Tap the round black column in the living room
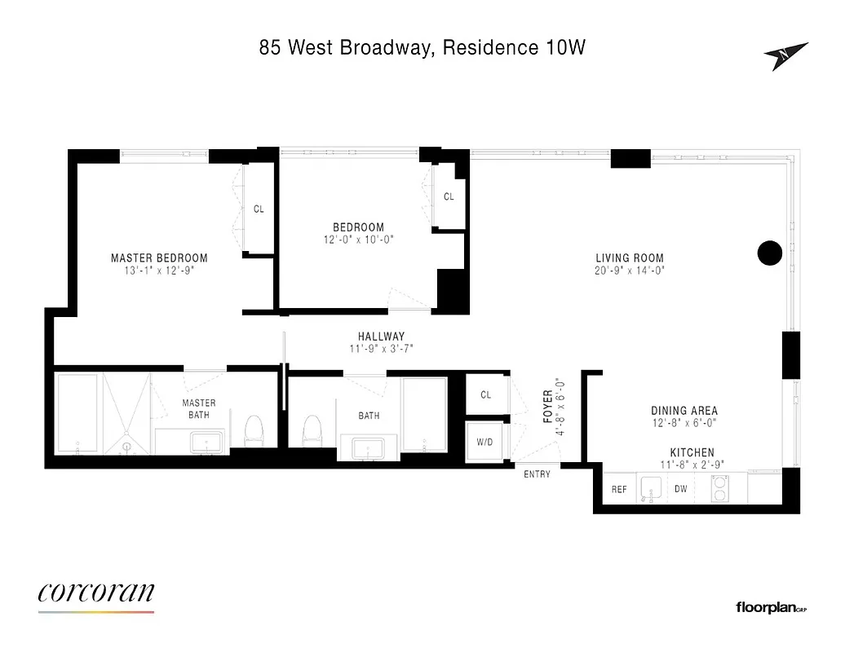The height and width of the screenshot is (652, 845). pyautogui.click(x=769, y=253)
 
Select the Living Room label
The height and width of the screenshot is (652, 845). pyautogui.click(x=629, y=258)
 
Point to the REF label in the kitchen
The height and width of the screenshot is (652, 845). pyautogui.click(x=618, y=490)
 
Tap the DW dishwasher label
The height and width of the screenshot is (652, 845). pyautogui.click(x=680, y=490)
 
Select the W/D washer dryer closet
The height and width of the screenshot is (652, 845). pyautogui.click(x=484, y=442)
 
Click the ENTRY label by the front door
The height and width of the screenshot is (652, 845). pyautogui.click(x=537, y=474)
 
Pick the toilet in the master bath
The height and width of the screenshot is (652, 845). pyautogui.click(x=254, y=430)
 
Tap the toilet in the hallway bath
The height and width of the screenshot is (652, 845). pyautogui.click(x=311, y=430)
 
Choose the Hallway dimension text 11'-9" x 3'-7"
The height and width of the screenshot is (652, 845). pyautogui.click(x=381, y=350)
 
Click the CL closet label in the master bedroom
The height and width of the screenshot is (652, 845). pyautogui.click(x=259, y=209)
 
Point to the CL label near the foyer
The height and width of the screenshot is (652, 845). pyautogui.click(x=486, y=395)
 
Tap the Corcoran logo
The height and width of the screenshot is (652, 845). pyautogui.click(x=96, y=593)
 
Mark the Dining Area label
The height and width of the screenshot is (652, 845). pyautogui.click(x=684, y=411)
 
